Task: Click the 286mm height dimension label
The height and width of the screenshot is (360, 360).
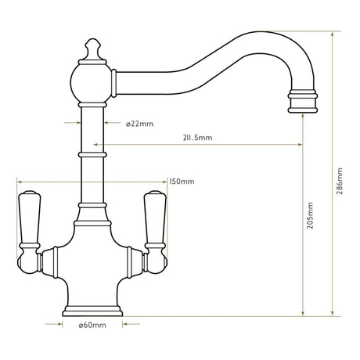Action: (x=339, y=185)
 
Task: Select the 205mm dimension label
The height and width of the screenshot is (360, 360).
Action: (x=311, y=212)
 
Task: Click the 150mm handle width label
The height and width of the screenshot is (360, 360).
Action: (x=182, y=182)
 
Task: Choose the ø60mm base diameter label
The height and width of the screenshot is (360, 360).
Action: (x=92, y=325)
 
